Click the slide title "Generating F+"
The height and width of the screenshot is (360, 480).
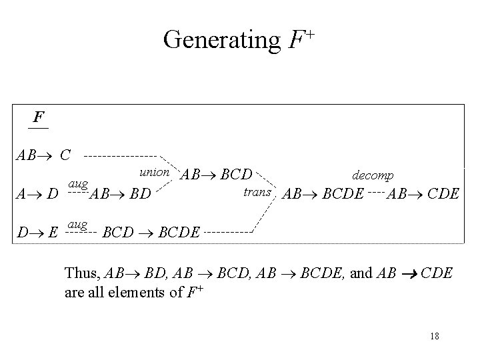(239, 41)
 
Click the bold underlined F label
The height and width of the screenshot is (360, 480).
(39, 118)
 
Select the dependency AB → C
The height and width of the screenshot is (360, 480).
(44, 156)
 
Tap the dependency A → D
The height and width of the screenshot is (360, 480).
(37, 195)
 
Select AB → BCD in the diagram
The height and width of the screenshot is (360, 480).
(217, 175)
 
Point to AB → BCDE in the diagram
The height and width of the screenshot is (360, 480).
(323, 195)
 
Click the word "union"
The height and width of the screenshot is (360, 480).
(152, 172)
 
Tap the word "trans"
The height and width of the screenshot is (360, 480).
(257, 192)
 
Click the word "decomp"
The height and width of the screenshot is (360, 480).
(373, 175)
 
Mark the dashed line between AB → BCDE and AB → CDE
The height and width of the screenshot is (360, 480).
(377, 195)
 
